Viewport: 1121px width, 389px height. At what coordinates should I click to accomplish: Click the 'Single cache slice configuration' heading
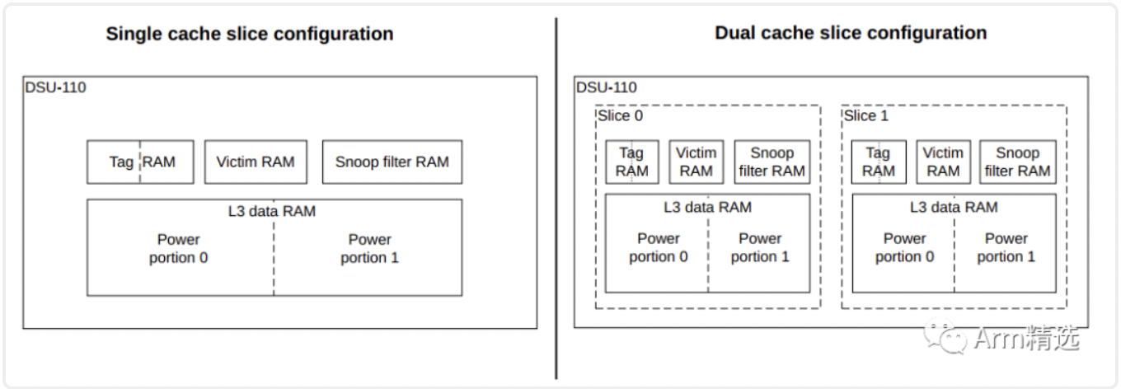249,35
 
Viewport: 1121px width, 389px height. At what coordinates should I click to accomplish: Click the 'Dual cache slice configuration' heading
850,34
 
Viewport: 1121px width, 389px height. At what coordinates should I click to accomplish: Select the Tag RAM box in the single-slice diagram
140,162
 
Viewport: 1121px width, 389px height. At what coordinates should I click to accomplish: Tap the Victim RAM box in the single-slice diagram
255,162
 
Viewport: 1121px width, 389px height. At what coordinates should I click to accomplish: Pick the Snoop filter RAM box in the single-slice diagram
392,162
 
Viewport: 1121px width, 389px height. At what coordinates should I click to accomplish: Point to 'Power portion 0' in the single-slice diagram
179,249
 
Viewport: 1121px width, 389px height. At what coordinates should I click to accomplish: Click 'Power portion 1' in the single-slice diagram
369,249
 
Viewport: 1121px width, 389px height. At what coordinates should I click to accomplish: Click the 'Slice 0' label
620,115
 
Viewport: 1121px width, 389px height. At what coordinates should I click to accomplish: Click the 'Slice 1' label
865,115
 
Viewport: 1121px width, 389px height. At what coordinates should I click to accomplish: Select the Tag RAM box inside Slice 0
631,162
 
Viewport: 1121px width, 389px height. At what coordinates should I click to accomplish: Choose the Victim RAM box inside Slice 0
696,162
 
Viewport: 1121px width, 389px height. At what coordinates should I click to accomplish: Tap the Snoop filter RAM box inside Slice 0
772,162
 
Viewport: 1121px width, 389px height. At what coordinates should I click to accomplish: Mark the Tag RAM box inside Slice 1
878,162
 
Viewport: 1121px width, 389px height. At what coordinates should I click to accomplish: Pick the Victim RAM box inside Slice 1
942,162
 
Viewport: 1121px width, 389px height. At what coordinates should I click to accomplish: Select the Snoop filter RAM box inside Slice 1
1017,162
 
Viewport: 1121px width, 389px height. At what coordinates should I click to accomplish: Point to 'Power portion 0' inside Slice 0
658,248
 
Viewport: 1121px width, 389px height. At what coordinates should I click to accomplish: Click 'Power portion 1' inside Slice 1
1006,248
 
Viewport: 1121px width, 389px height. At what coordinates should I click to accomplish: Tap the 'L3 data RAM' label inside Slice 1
953,208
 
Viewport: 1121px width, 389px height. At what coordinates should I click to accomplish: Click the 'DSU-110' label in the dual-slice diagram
606,87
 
